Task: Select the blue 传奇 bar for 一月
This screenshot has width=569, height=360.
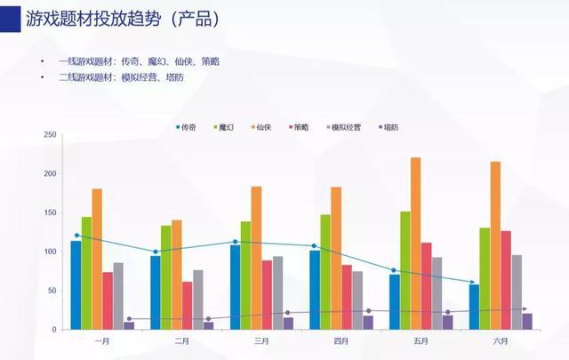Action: tap(76, 284)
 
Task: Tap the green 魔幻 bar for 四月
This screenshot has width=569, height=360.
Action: tap(325, 271)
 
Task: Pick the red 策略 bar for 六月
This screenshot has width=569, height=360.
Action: tap(506, 280)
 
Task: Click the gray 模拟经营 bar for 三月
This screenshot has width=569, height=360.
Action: tap(277, 292)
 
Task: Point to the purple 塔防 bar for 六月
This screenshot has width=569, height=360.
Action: tap(527, 321)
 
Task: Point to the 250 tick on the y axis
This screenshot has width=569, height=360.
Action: tap(50, 135)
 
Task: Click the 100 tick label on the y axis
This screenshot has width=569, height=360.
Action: tap(50, 252)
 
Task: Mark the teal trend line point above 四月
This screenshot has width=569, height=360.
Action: tap(314, 245)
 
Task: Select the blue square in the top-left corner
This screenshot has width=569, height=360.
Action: tap(10, 16)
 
